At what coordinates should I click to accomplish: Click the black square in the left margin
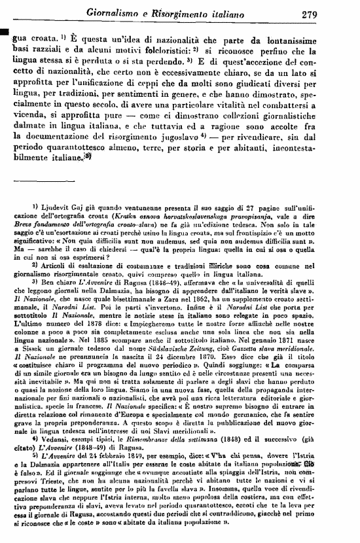point(5,31)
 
